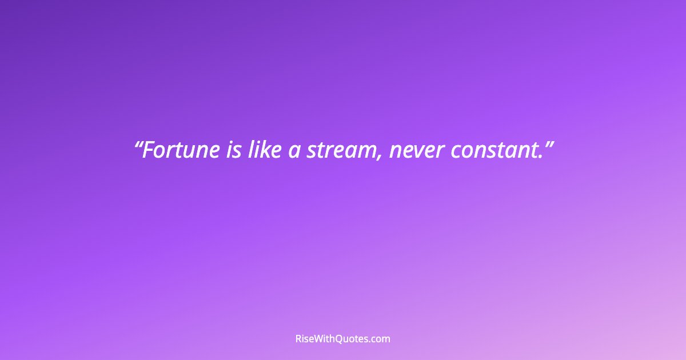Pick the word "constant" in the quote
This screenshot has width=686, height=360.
click(x=494, y=151)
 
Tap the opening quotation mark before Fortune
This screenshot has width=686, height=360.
click(x=137, y=144)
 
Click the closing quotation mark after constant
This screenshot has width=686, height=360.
click(x=549, y=144)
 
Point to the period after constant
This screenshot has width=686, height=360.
click(x=541, y=157)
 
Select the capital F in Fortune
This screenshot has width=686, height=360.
click(x=148, y=150)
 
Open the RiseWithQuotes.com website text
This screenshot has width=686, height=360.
click(x=343, y=339)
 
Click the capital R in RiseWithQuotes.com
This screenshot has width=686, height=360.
click(x=298, y=339)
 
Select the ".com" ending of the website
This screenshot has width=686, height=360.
click(x=380, y=339)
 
